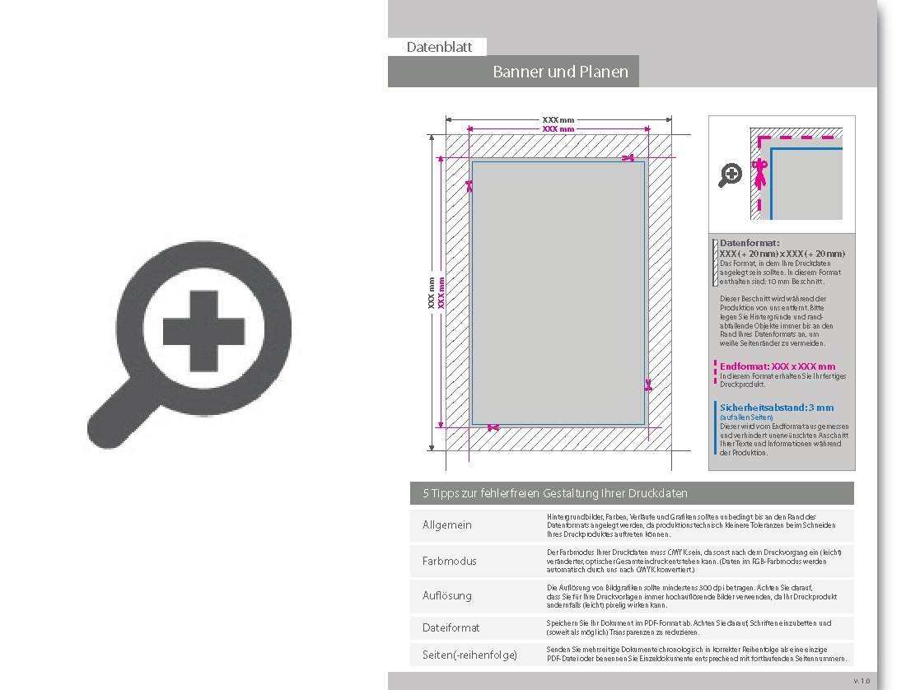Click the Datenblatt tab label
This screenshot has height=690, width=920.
(439, 48)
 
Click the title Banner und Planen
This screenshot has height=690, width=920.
(560, 72)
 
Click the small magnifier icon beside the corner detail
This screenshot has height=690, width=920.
(731, 175)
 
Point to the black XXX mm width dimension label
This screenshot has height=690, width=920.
(558, 120)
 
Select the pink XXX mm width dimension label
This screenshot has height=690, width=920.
(558, 129)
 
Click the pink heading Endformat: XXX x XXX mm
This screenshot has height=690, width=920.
(778, 366)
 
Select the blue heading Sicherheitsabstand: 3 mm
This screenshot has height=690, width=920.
(777, 408)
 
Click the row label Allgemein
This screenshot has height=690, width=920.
(447, 525)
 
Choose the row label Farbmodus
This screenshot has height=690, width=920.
(449, 561)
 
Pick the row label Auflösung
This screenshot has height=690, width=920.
(447, 594)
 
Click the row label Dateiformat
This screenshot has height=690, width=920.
(451, 627)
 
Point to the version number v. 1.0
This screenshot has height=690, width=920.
(861, 681)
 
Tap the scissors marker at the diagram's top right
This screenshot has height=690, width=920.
(628, 157)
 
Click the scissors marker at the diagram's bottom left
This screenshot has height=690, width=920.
(493, 427)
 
